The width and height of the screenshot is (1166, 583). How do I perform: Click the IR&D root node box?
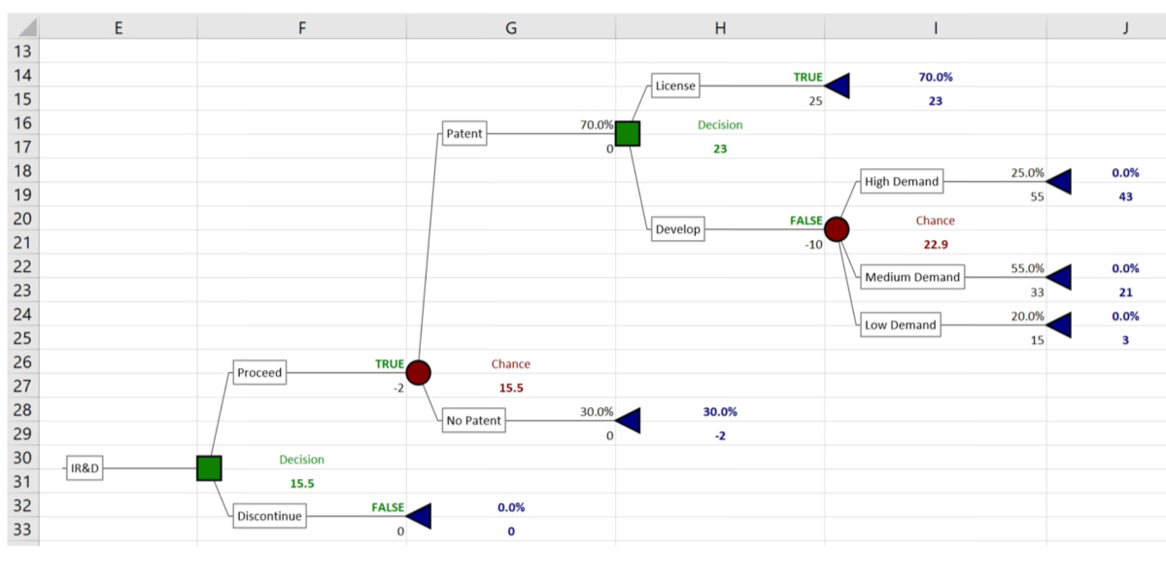(x=85, y=469)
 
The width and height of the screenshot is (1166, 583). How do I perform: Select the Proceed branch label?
(x=259, y=372)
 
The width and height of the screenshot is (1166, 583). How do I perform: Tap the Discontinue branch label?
(x=269, y=516)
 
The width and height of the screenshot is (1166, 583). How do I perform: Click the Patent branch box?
(x=463, y=133)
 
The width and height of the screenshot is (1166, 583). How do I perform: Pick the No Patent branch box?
(x=473, y=421)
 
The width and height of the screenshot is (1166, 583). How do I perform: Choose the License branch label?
(x=675, y=86)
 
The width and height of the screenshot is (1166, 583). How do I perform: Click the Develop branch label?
(x=677, y=230)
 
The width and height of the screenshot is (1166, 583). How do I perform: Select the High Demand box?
(x=901, y=182)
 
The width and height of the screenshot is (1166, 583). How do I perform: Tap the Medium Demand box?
(x=912, y=277)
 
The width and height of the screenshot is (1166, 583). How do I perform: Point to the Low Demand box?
(x=900, y=325)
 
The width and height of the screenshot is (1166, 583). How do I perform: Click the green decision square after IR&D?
(x=209, y=468)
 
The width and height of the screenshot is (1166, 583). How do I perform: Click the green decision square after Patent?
(x=628, y=133)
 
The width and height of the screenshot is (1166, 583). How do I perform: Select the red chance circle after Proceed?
(x=419, y=372)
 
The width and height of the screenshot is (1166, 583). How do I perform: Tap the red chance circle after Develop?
(x=837, y=229)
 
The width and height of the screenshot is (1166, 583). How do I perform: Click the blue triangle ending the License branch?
(x=838, y=86)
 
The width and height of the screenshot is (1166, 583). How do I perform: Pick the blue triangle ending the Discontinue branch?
(x=419, y=516)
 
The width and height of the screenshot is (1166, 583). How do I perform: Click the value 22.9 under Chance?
(x=936, y=244)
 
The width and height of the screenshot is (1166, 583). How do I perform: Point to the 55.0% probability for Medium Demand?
(x=1027, y=268)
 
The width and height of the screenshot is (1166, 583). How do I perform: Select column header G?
(x=510, y=27)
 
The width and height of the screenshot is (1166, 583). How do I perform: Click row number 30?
(x=21, y=459)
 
